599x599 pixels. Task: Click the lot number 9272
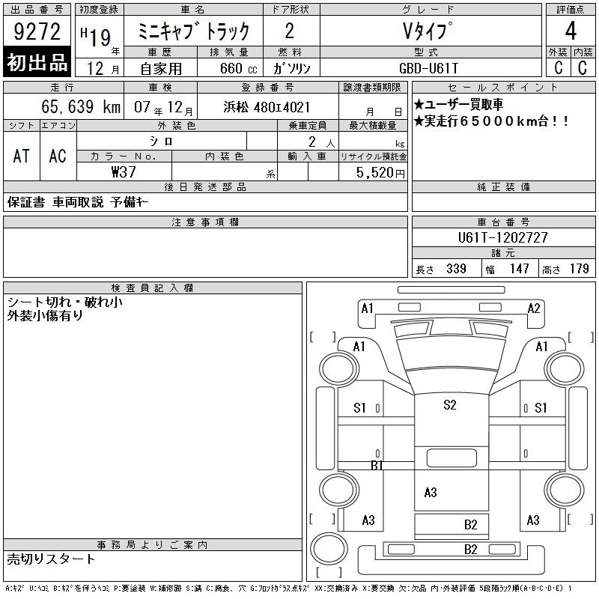click(x=37, y=31)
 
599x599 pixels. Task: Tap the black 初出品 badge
click(x=37, y=62)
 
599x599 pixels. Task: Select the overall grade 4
click(x=571, y=31)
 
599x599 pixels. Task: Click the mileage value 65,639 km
click(x=81, y=106)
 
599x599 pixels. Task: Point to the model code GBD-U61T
click(x=428, y=68)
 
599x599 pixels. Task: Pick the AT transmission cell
click(x=22, y=156)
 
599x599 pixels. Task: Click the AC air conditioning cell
click(x=58, y=156)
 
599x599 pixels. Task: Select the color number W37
click(x=124, y=172)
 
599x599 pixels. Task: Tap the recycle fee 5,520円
click(x=380, y=173)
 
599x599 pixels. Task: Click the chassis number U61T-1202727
click(x=503, y=237)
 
